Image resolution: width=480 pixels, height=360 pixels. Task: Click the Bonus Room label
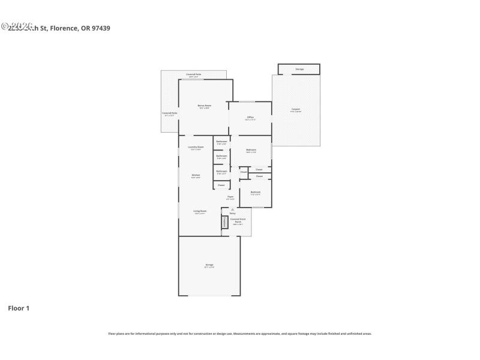[x=204, y=106]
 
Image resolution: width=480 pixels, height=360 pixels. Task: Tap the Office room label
[x=250, y=118]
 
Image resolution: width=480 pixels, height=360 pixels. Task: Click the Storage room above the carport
[x=299, y=69]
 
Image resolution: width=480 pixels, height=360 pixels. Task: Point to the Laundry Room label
[x=196, y=148]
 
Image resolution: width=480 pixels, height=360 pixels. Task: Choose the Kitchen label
[x=196, y=176]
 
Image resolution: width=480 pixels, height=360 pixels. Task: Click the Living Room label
[x=200, y=211]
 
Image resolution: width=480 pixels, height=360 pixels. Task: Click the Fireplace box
[x=225, y=221]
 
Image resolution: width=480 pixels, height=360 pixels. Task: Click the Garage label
[x=209, y=265]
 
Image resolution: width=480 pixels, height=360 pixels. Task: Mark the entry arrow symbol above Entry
[x=232, y=209]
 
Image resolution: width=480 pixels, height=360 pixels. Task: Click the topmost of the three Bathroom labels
[x=221, y=142]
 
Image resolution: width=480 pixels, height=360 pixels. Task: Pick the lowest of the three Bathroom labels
[x=221, y=172]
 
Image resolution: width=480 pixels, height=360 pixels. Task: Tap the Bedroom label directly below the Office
[x=251, y=150]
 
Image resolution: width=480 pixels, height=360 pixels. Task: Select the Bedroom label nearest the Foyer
[x=256, y=193]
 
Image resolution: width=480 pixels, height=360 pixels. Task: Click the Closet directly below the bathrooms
[x=221, y=185]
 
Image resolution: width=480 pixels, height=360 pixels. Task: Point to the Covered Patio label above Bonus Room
[x=194, y=75]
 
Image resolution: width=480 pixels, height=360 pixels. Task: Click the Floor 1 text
[x=19, y=308]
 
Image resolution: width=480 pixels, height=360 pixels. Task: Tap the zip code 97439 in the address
[x=100, y=28]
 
